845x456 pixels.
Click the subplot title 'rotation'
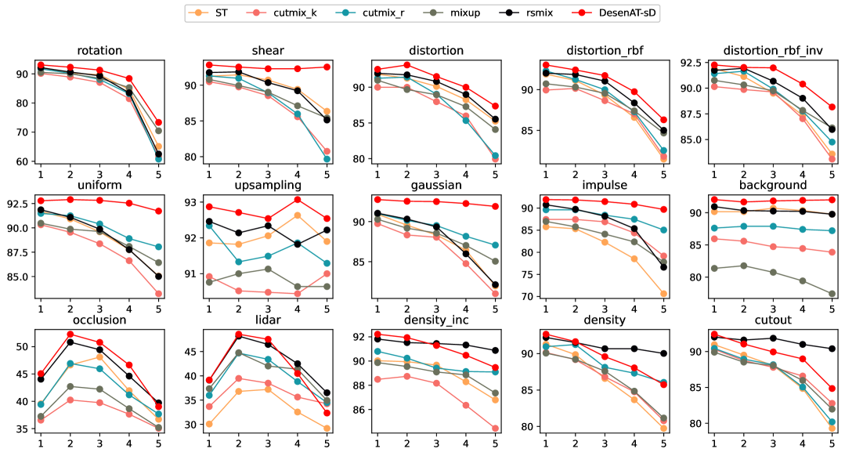click(100, 51)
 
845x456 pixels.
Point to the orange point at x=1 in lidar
click(209, 424)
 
